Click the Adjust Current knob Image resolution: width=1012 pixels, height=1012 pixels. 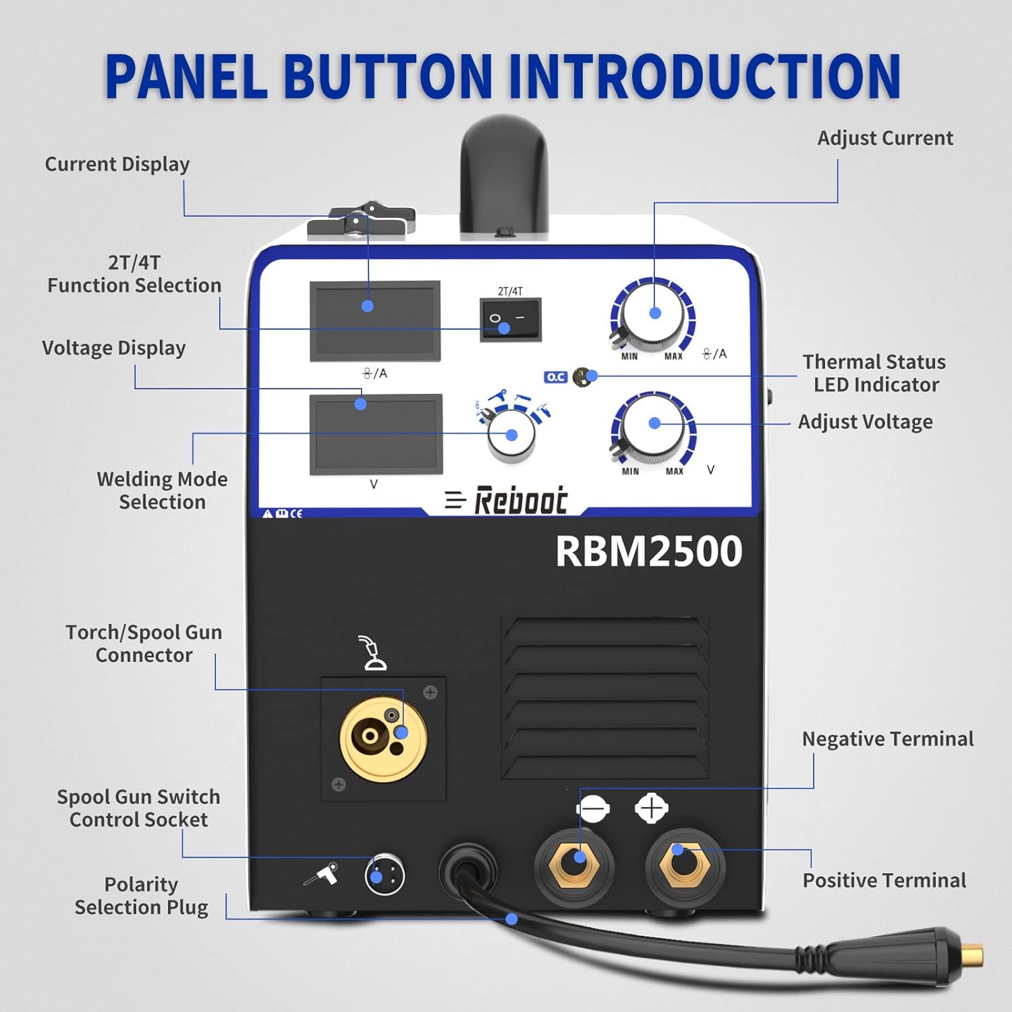click(x=652, y=314)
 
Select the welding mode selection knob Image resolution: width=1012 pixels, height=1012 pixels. click(x=511, y=435)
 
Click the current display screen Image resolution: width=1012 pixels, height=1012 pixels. click(x=374, y=320)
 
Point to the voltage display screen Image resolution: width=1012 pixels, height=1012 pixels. click(x=376, y=434)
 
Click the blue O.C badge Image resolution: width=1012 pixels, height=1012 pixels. click(x=555, y=377)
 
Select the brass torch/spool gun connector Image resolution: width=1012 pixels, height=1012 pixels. click(x=383, y=739)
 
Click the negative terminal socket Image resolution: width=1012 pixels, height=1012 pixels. click(x=574, y=868)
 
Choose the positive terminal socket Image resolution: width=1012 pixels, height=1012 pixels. click(x=685, y=867)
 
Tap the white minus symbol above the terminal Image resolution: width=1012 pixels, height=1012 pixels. click(x=593, y=808)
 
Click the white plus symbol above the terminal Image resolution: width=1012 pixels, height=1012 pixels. click(x=651, y=808)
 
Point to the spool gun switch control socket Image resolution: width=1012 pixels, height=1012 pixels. click(x=385, y=876)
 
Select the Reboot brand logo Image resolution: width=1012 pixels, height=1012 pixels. click(x=506, y=501)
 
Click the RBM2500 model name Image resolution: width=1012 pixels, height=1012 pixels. click(x=648, y=551)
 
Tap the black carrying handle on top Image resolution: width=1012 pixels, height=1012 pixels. click(x=503, y=175)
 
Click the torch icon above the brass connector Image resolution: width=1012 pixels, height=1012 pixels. click(x=372, y=652)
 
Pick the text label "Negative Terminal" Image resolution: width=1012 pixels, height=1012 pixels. click(x=887, y=739)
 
